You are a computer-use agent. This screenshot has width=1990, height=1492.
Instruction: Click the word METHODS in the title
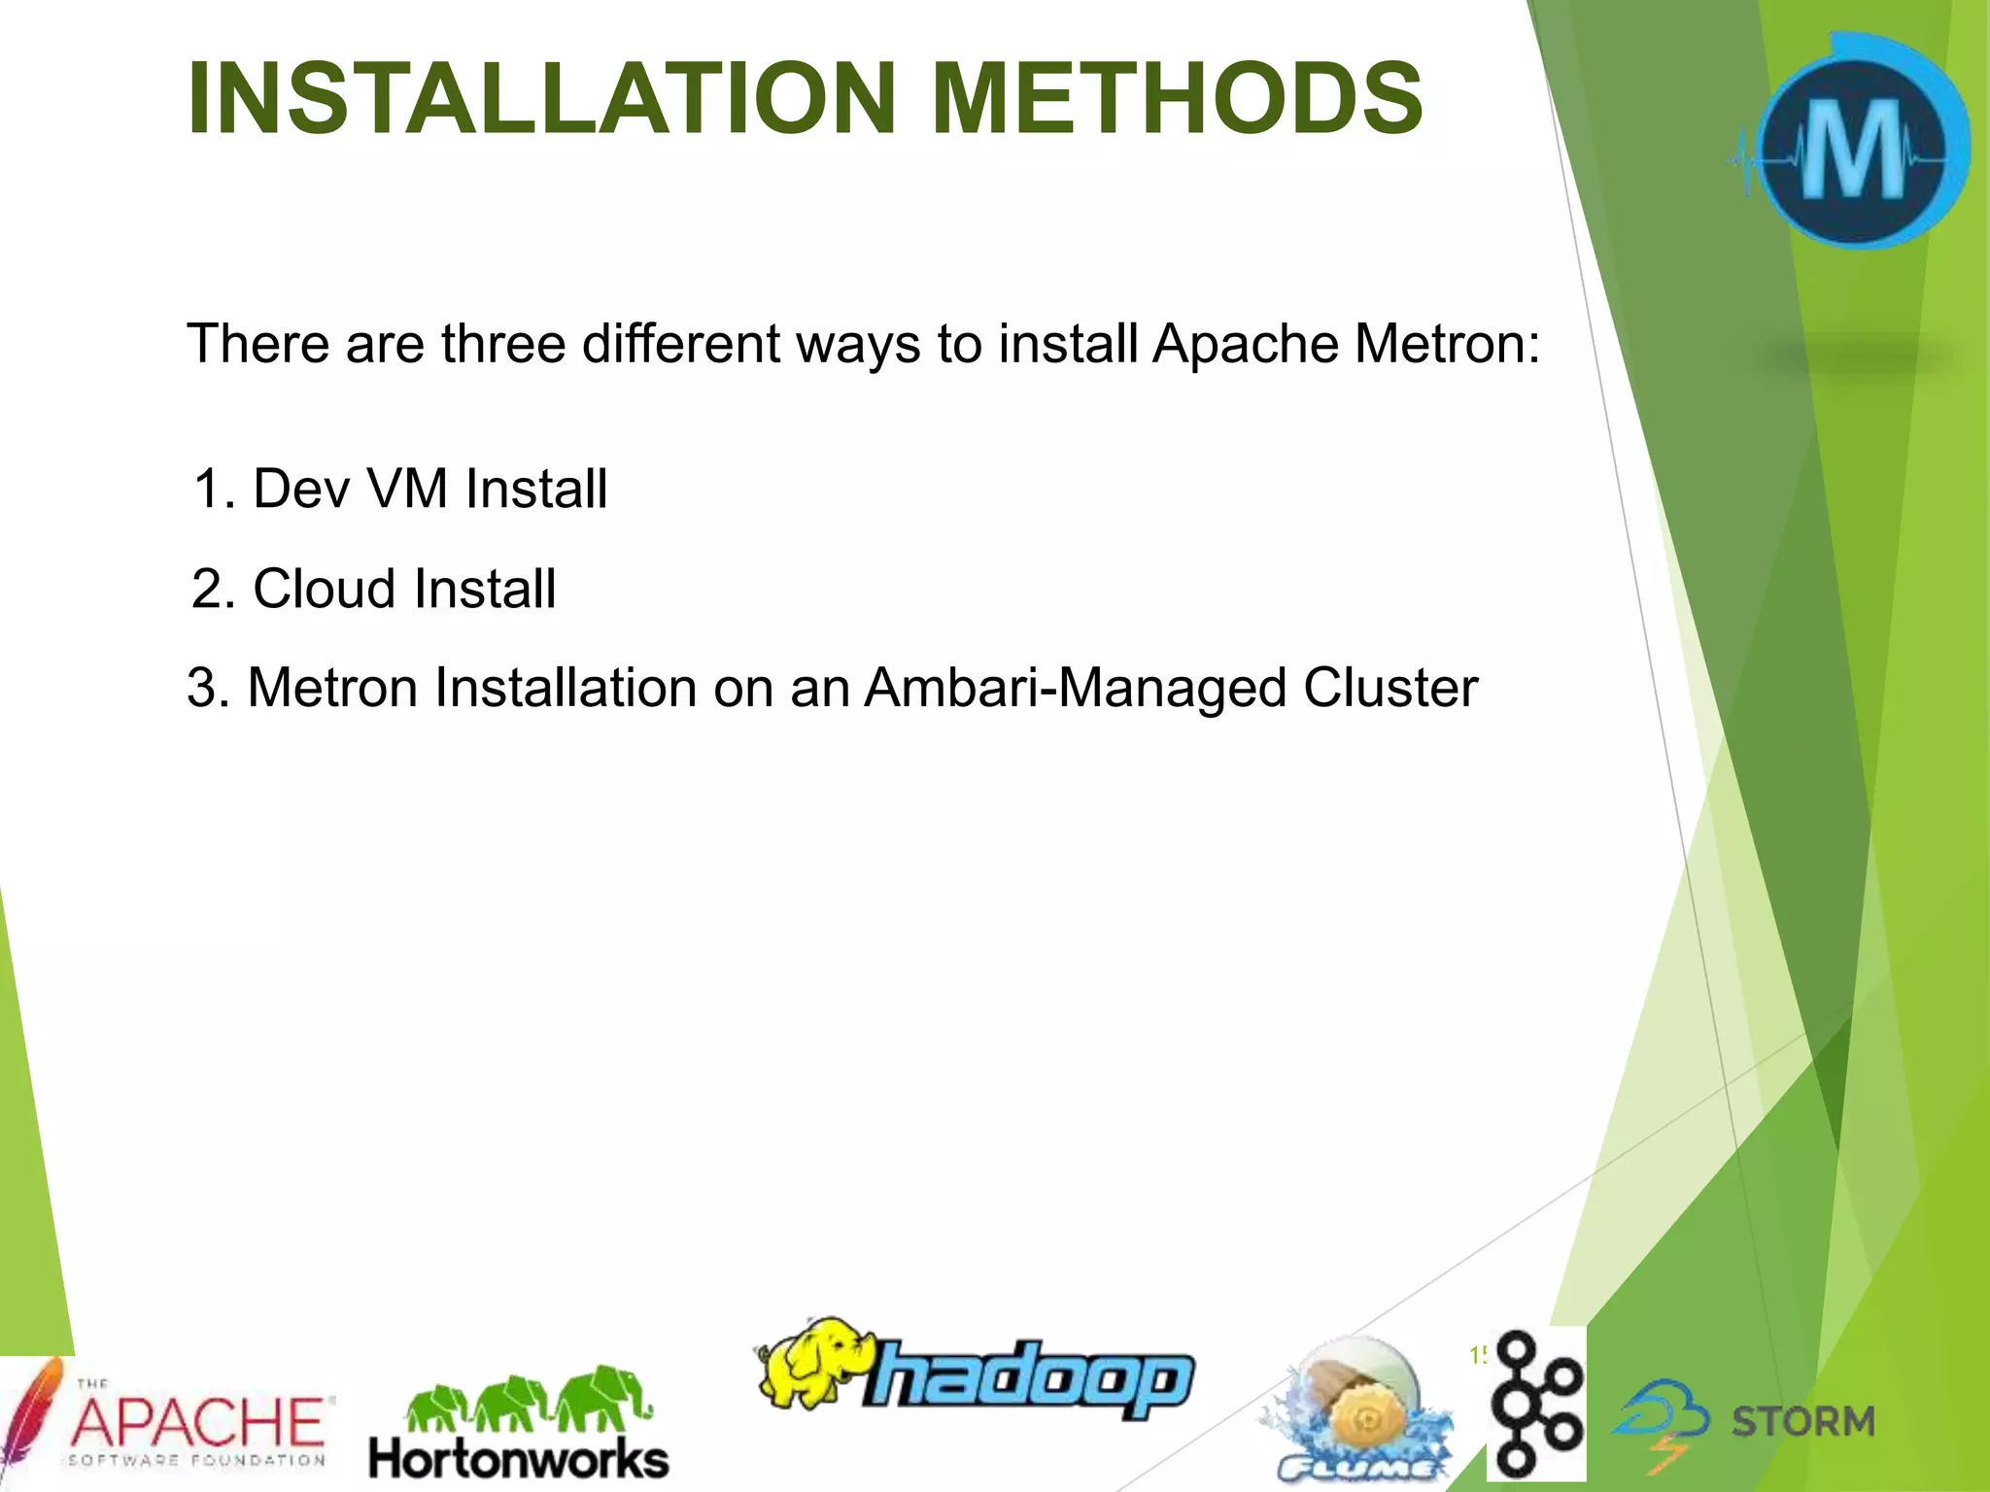tap(1177, 99)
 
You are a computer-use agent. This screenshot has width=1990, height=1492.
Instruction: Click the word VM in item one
tap(407, 489)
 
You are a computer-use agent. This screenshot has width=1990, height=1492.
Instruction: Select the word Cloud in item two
tap(326, 589)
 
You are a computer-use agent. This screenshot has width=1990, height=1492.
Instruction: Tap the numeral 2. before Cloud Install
tap(214, 589)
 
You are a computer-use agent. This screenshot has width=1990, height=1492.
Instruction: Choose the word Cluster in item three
tap(1390, 689)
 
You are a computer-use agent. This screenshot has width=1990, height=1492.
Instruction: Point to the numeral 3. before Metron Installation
tap(209, 689)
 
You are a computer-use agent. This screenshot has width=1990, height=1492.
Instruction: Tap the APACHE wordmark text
tap(199, 1422)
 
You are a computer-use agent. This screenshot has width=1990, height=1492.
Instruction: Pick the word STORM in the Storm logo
tap(1802, 1422)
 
